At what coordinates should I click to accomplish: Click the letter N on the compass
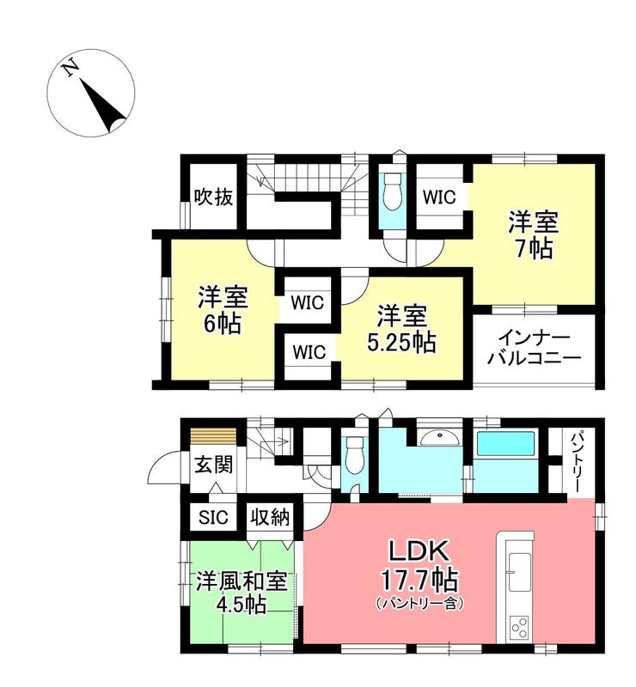coord(70,69)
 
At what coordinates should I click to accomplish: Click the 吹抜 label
coord(214,198)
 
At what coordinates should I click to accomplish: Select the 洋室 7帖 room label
coord(534,235)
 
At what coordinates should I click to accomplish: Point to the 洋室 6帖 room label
coord(223,311)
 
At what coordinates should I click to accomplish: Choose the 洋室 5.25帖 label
coord(401,330)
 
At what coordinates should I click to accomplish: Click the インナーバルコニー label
coord(535,349)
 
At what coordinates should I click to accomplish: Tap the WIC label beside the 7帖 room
coord(439,198)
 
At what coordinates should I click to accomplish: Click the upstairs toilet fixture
coord(393,192)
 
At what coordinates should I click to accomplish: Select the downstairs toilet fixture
coord(354,455)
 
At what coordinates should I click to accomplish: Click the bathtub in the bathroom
coord(505,444)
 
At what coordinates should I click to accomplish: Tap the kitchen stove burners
coord(519,628)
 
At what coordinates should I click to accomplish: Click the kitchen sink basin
coord(520,572)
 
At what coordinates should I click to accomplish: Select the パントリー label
coord(577,460)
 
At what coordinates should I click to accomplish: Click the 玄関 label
coord(214,465)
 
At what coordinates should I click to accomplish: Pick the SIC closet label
coord(214,518)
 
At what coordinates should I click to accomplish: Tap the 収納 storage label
coord(270,518)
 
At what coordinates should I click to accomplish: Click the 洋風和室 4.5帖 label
coord(242,592)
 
